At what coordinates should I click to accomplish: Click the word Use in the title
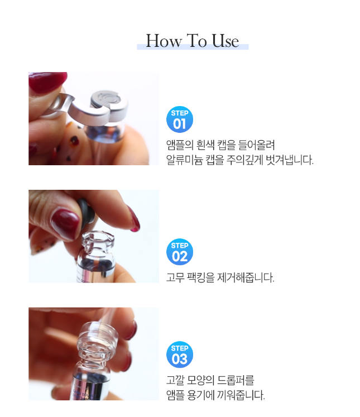point(225,41)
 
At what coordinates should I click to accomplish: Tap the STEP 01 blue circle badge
point(180,119)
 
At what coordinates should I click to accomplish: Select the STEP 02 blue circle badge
point(180,252)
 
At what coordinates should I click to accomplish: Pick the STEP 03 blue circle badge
point(180,354)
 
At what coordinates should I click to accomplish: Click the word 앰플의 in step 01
point(180,145)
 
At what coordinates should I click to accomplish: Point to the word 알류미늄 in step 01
point(184,160)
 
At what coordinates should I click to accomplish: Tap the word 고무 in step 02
point(175,277)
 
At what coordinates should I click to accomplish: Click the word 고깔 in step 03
point(175,380)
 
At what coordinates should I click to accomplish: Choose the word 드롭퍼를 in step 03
point(236,380)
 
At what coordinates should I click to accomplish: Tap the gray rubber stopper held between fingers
point(85,213)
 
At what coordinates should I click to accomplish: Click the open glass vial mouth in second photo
point(98,237)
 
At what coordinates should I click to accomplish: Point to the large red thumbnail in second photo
point(65,224)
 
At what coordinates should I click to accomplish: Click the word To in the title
point(197,41)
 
